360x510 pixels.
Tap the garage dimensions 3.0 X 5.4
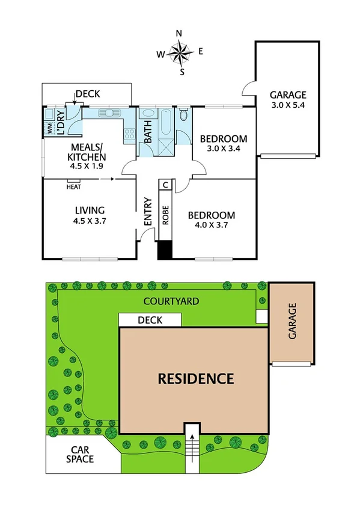[x=287, y=106]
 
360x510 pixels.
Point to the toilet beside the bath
[x=184, y=115]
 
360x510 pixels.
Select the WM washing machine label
[x=49, y=127]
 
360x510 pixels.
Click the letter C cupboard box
[x=166, y=185]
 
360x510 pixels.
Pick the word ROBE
[x=166, y=215]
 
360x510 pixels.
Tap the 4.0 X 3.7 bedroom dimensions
[x=210, y=226]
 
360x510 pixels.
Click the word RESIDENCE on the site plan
[x=195, y=379]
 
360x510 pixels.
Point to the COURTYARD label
[x=172, y=301]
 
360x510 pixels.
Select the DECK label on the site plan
[x=150, y=321]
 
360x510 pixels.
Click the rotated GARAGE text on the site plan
[x=293, y=322]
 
